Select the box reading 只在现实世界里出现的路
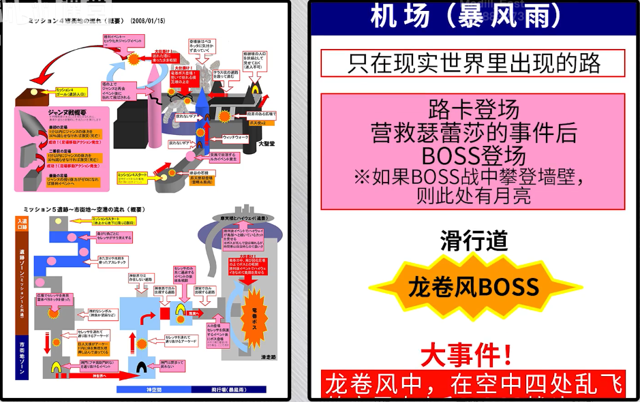473,63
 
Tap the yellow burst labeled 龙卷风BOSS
473,287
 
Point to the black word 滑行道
473,241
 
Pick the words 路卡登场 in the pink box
473,109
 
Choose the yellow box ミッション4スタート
132,175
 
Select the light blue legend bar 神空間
153,390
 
